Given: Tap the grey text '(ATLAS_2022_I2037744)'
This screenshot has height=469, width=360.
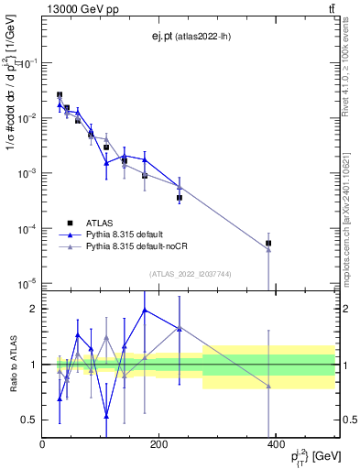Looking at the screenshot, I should tap(189, 274).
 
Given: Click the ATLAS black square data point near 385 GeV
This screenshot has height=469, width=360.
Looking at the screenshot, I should tap(268, 244).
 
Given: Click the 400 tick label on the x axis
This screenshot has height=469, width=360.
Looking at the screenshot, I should tap(276, 445).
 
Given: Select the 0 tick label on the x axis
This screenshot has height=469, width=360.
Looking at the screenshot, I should tap(43, 445).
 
